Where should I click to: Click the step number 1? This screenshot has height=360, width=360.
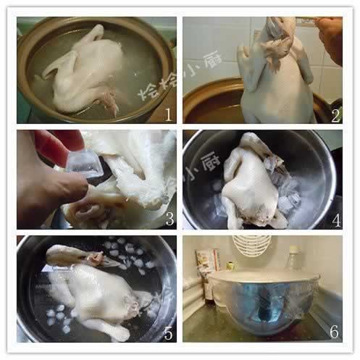(x=167, y=114)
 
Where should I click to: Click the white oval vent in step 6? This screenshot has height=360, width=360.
(x=251, y=245)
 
